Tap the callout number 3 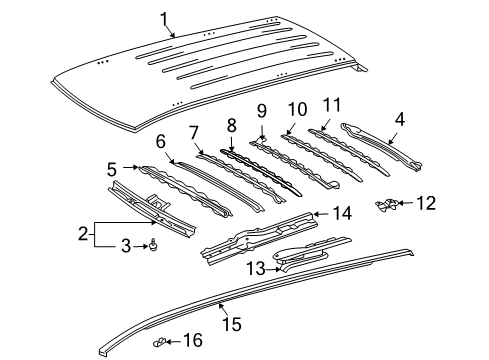click(125, 245)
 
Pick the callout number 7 click(194, 131)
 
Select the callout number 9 click(262, 111)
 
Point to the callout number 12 click(426, 204)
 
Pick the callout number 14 click(342, 213)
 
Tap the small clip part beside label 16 click(161, 342)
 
